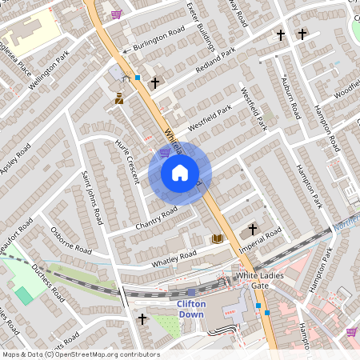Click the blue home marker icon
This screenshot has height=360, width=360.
coord(180,173)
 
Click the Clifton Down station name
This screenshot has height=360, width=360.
coord(191,309)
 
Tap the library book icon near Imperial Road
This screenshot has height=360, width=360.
coord(217,238)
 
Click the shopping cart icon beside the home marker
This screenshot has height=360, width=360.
coord(165,152)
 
